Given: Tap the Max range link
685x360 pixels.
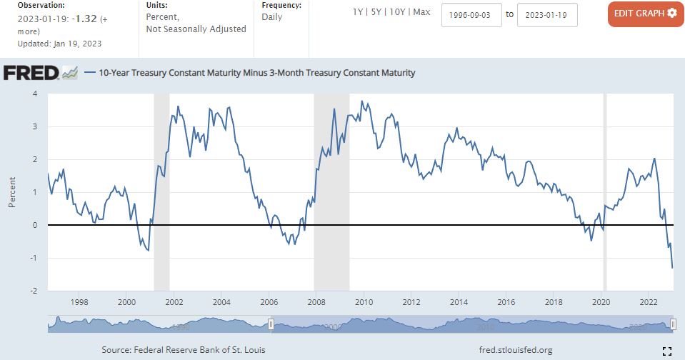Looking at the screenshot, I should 421,13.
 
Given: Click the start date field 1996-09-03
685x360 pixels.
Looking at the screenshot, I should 472,14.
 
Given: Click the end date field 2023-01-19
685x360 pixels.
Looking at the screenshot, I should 547,14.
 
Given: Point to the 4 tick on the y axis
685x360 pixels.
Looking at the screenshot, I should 35,94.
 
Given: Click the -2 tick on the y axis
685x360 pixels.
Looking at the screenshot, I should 33,291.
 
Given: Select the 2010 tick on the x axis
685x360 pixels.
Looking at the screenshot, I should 364,301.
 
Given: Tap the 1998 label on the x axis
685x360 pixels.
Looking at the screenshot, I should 79,301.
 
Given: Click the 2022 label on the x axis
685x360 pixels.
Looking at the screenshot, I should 648,301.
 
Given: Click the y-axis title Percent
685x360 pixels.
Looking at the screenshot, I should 12,193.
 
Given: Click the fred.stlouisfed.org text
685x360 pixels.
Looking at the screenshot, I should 516,350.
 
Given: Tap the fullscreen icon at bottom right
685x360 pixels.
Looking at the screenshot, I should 667,350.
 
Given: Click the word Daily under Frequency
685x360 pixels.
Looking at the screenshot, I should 273,17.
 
